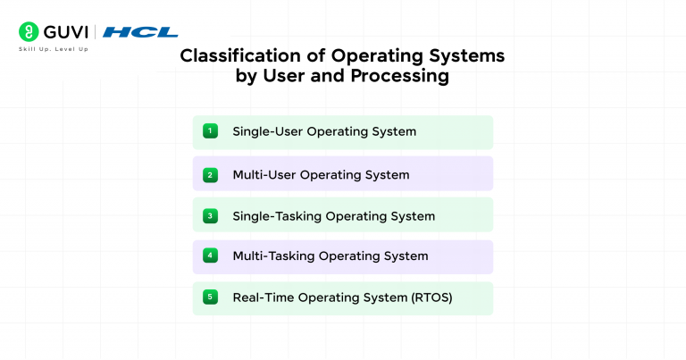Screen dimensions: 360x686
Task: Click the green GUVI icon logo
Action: (28, 32)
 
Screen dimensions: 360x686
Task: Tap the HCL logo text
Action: (140, 32)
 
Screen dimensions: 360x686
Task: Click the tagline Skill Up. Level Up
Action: (53, 48)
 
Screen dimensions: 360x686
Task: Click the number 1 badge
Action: (210, 131)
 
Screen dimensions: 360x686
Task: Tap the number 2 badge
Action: (210, 174)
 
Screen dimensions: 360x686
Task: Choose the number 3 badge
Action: (210, 215)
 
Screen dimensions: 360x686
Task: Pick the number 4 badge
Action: (210, 255)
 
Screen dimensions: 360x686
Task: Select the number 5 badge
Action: (210, 297)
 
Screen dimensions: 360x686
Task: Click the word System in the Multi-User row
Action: (388, 174)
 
